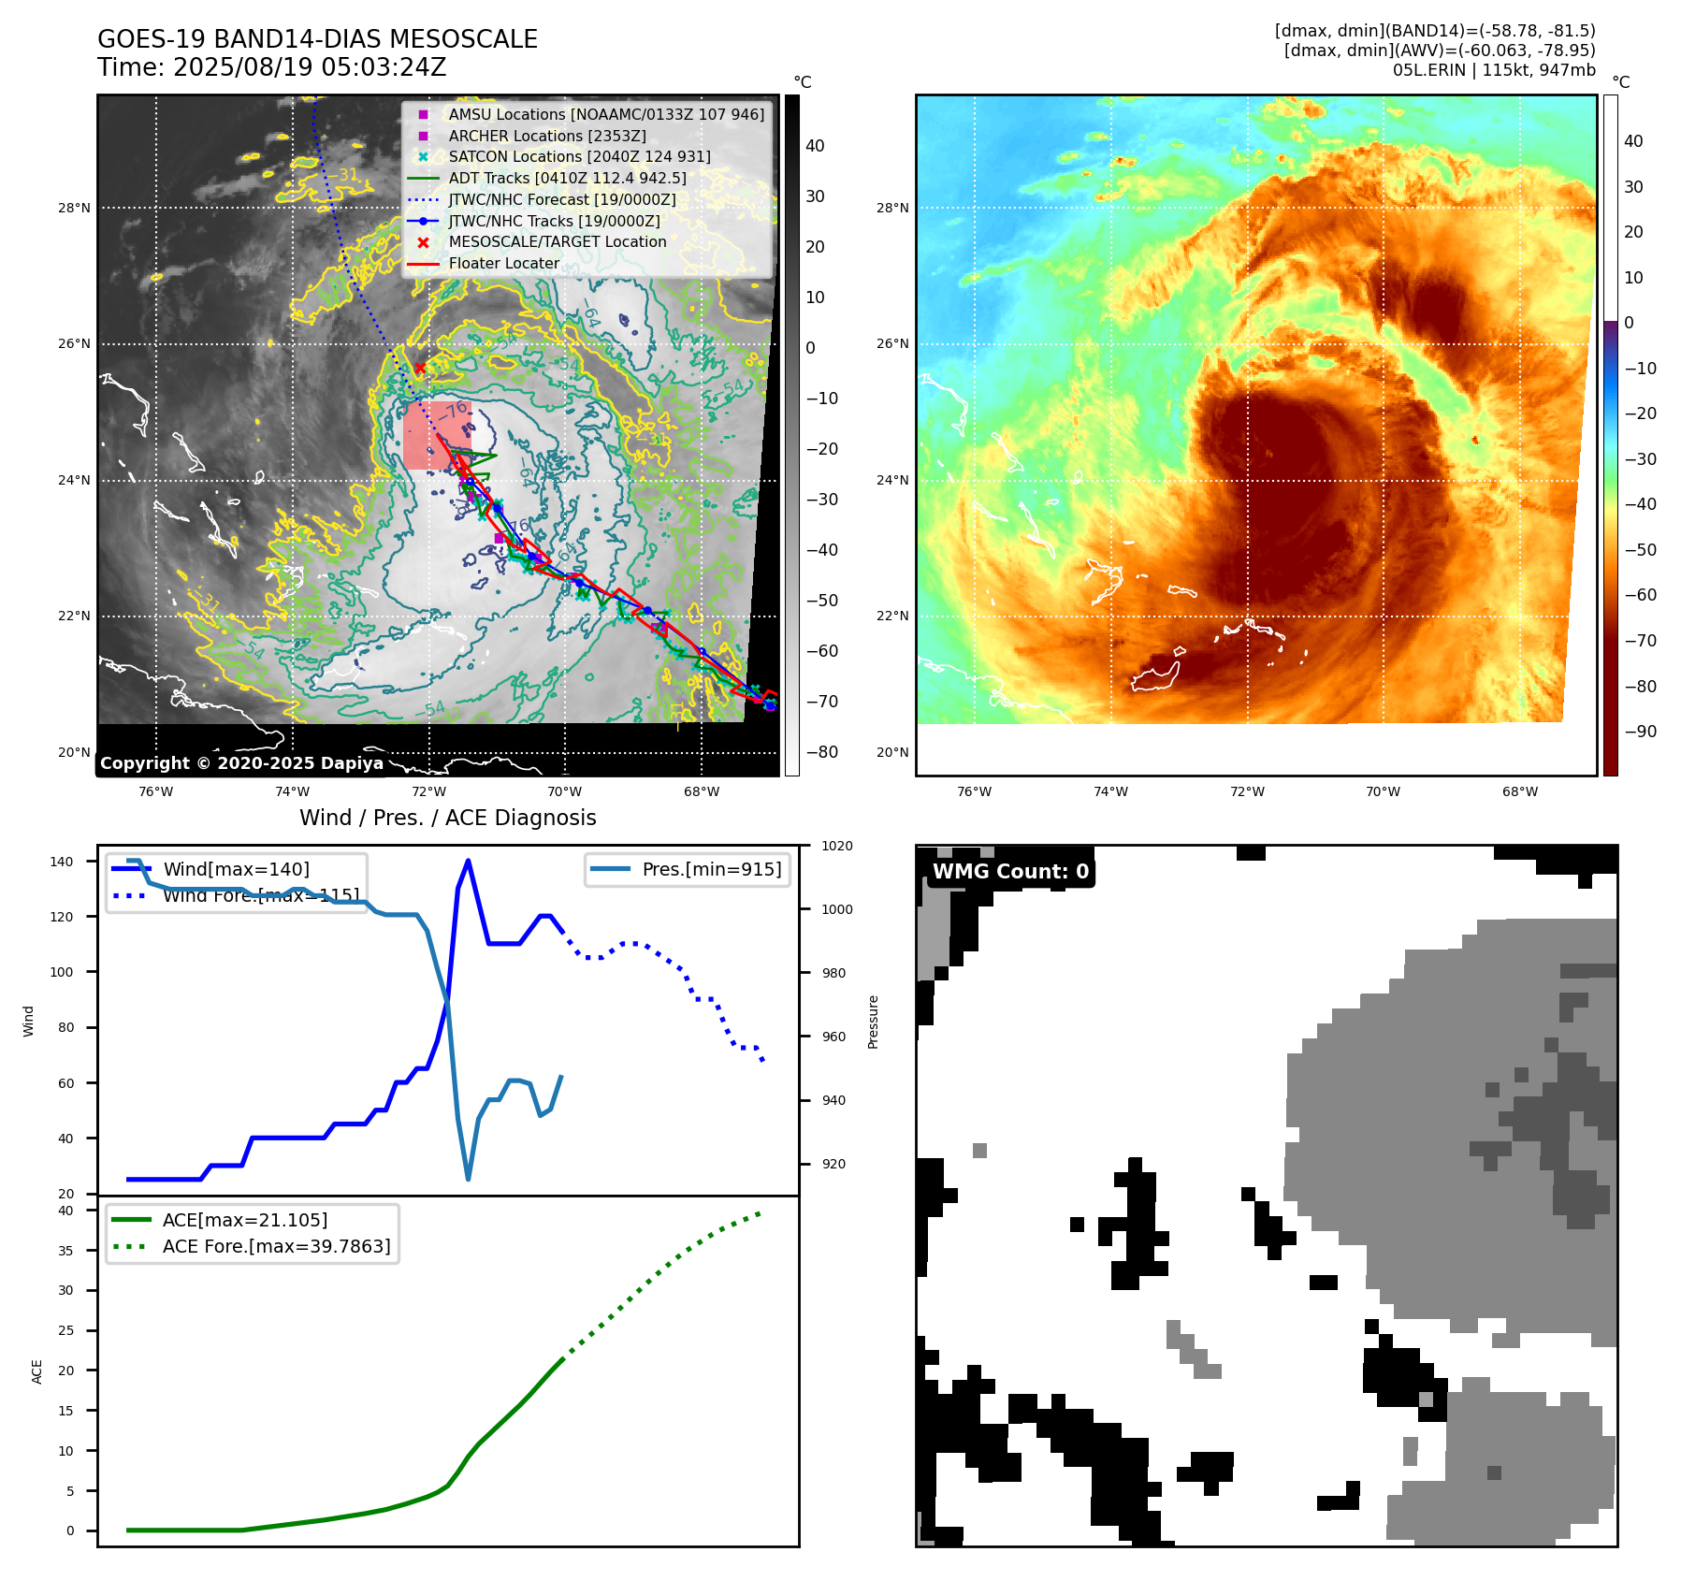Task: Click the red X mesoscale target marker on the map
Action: [x=420, y=369]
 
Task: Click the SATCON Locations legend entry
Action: [x=579, y=157]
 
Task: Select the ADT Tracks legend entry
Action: [x=567, y=178]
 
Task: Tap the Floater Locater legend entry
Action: [x=503, y=264]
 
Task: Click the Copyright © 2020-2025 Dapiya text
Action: [x=241, y=763]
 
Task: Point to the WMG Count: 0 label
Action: [x=1010, y=872]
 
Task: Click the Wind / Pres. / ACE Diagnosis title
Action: [x=447, y=818]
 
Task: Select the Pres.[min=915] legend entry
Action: [x=711, y=869]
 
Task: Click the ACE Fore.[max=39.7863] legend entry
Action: [x=276, y=1246]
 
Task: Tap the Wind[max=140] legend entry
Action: [x=236, y=869]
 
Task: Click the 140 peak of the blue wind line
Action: [x=468, y=861]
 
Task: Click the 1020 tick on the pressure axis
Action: [x=836, y=847]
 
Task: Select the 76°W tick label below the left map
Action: [x=155, y=792]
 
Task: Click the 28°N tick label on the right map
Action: [x=891, y=208]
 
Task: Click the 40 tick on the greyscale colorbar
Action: [x=815, y=146]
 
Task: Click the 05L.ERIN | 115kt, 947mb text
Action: [x=1493, y=70]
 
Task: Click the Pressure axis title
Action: [x=873, y=1022]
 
